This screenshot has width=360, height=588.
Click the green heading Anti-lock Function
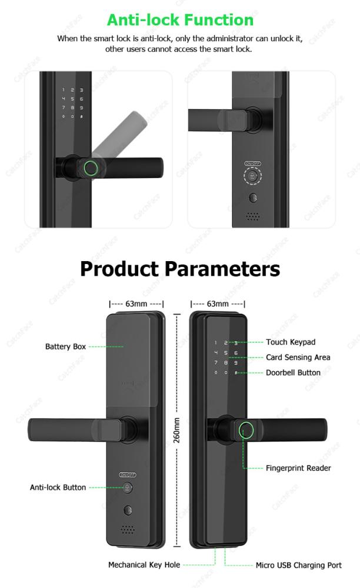(180, 20)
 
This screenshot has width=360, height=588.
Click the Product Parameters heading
(180, 269)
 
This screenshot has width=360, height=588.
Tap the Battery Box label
(66, 346)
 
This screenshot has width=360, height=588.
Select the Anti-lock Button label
(58, 487)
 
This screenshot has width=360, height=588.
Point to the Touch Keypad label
(291, 342)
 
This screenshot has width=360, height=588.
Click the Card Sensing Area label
(298, 358)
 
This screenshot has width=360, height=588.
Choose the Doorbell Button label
(294, 373)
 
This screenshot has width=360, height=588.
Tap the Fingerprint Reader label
(298, 468)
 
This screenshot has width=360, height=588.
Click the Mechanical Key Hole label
(144, 564)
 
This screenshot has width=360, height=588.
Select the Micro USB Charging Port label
(298, 565)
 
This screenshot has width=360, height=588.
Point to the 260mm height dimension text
(176, 430)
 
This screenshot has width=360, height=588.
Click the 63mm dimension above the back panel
(136, 304)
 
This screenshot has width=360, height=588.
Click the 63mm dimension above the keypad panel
(218, 304)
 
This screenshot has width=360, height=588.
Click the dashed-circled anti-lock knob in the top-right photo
(252, 176)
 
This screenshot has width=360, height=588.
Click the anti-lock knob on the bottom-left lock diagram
(128, 488)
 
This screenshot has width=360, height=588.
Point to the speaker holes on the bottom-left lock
(128, 529)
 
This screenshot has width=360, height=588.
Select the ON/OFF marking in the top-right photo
(252, 163)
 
